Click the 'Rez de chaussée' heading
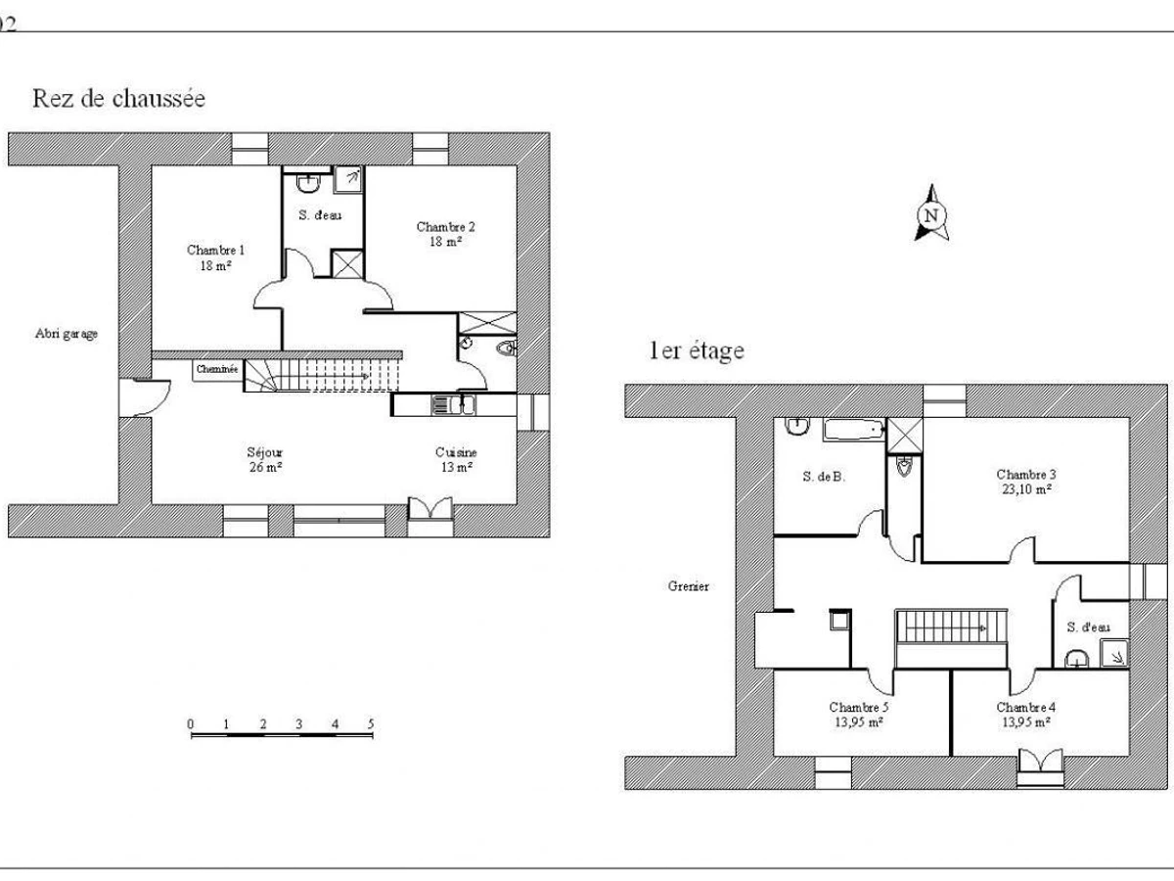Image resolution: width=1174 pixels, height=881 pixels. point(118,99)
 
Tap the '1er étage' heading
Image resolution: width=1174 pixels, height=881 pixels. point(697,350)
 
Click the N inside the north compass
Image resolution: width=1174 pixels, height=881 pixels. point(931,215)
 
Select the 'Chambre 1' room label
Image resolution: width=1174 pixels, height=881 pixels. point(215,250)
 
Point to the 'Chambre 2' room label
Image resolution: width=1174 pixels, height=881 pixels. point(445,227)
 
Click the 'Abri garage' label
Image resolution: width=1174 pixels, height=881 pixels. point(67,334)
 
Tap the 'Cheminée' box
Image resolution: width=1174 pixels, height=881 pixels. point(217,370)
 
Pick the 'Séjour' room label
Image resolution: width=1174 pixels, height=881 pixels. point(265,452)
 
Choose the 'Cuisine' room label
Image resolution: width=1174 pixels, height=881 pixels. point(456,452)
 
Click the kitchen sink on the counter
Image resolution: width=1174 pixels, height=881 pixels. point(453,405)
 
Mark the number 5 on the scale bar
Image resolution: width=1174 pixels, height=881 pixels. point(371,724)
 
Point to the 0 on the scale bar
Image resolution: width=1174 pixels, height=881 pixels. point(191,724)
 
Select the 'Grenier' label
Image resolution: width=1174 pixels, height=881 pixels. point(689,586)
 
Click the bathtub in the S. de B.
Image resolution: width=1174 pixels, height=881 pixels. point(854,430)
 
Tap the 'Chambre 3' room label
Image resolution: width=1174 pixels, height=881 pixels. point(1026,475)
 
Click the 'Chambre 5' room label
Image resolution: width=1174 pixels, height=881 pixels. point(858,707)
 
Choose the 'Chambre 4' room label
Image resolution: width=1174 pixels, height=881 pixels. point(1026,707)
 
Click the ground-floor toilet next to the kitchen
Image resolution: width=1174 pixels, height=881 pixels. point(507,348)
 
